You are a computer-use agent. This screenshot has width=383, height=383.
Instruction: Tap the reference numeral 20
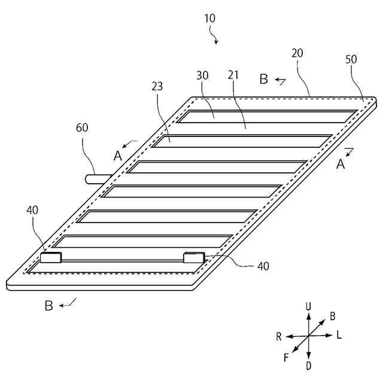(x=297, y=53)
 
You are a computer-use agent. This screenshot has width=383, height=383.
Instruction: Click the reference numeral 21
(x=234, y=75)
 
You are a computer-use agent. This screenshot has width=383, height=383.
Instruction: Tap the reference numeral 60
(x=83, y=127)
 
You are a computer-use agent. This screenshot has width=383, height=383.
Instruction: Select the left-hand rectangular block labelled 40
(x=51, y=258)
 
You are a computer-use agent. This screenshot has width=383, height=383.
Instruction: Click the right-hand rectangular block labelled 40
(x=194, y=258)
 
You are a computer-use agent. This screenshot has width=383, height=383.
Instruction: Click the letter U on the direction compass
(x=308, y=306)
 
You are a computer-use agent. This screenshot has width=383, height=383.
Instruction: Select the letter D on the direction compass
(x=308, y=365)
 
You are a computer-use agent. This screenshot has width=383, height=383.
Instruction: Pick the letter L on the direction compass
(x=339, y=335)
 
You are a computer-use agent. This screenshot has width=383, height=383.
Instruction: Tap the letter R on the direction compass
(x=279, y=337)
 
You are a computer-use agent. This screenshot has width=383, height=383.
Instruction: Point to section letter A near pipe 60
(x=118, y=156)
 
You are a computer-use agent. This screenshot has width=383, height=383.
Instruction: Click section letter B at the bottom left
(x=49, y=306)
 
